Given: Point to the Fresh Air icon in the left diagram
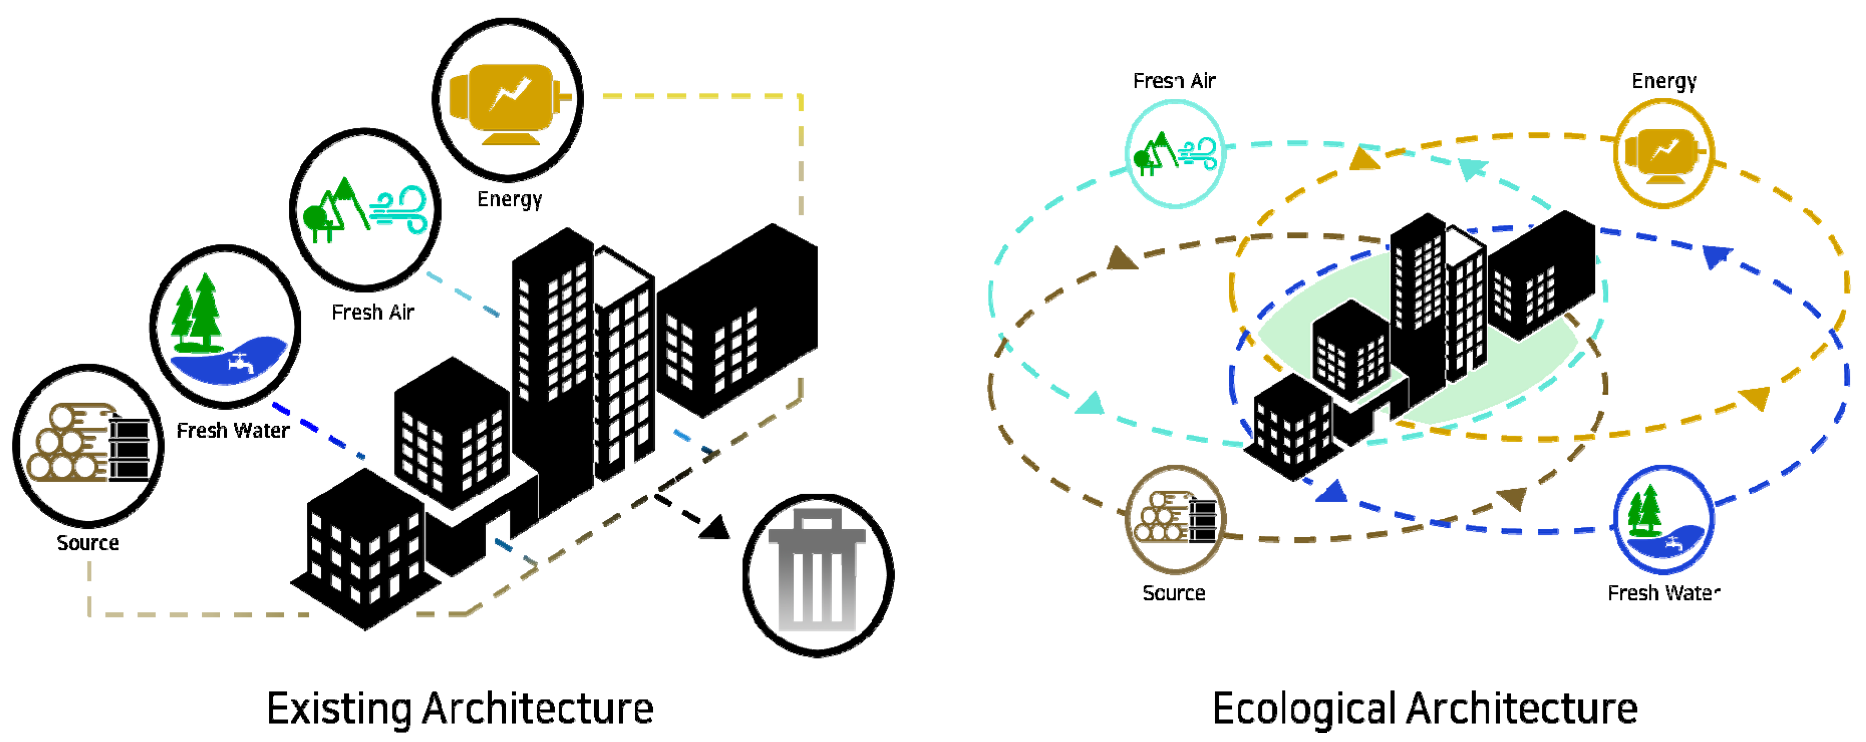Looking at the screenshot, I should click(x=366, y=210).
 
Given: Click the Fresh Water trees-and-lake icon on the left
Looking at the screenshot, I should click(x=225, y=327).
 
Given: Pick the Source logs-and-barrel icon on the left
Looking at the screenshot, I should click(x=88, y=445).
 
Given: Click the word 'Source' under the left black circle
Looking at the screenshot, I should click(x=88, y=543).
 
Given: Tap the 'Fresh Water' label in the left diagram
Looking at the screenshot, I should click(x=232, y=430).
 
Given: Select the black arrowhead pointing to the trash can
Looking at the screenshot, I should click(x=715, y=527).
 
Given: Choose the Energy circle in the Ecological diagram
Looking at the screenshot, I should click(x=1664, y=154).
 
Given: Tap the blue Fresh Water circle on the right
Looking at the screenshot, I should click(x=1664, y=520).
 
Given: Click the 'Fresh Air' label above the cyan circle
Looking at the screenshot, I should click(x=1174, y=80).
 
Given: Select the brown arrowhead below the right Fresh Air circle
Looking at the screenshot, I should click(x=1121, y=259).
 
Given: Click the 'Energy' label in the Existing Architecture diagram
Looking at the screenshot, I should click(x=509, y=199).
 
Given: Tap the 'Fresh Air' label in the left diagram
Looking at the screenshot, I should click(x=372, y=313).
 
